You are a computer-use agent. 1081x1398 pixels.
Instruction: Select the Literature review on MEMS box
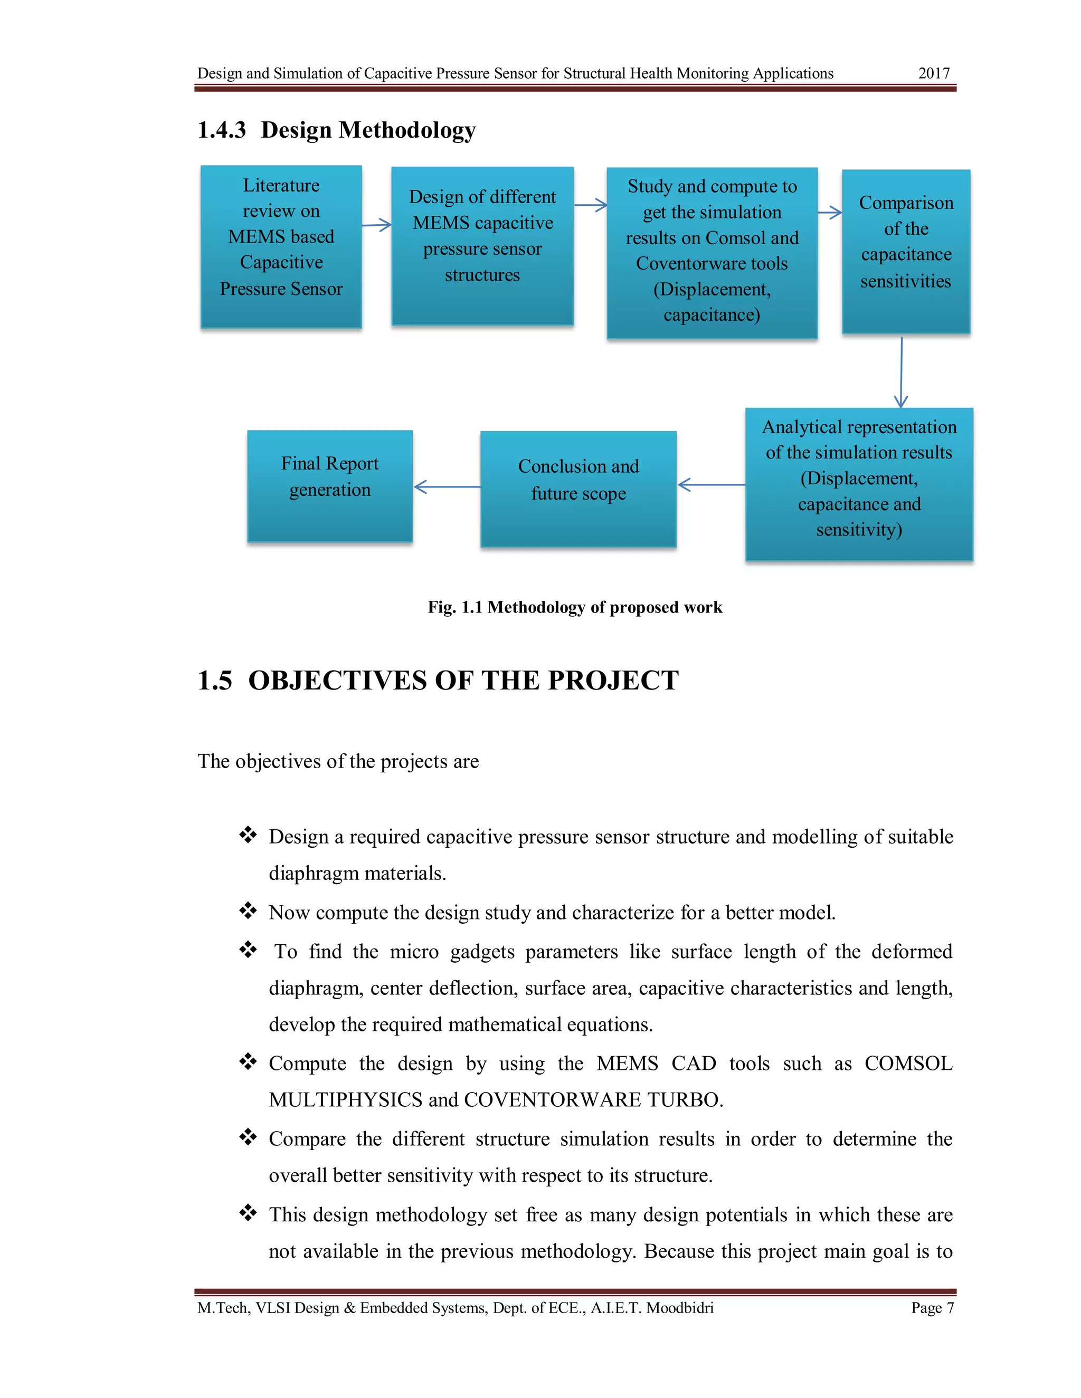coord(281,246)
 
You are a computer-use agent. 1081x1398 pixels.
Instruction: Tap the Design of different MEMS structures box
coord(482,246)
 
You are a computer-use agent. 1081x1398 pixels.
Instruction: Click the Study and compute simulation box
coord(712,253)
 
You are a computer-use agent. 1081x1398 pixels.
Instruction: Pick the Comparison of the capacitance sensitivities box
coord(906,251)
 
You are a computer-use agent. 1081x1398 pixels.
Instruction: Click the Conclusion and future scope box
coord(579,489)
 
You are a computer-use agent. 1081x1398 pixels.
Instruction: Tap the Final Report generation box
coord(330,486)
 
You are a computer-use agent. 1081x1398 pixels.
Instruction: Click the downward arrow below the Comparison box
coord(901,372)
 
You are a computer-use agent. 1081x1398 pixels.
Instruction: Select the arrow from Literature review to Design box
coord(376,225)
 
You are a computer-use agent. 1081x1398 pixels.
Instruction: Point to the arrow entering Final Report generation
coord(447,487)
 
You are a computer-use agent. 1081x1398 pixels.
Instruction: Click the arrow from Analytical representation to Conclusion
coord(711,485)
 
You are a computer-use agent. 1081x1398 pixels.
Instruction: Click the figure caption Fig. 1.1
coord(574,607)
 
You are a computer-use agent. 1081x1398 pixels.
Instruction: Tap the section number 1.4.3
coord(222,130)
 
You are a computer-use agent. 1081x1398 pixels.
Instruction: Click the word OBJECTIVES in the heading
coord(337,681)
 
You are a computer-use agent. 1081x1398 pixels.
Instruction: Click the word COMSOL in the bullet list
coord(908,1063)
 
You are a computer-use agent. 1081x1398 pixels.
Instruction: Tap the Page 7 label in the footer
coord(933,1308)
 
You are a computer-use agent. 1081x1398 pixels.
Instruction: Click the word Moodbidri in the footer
coord(679,1308)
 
